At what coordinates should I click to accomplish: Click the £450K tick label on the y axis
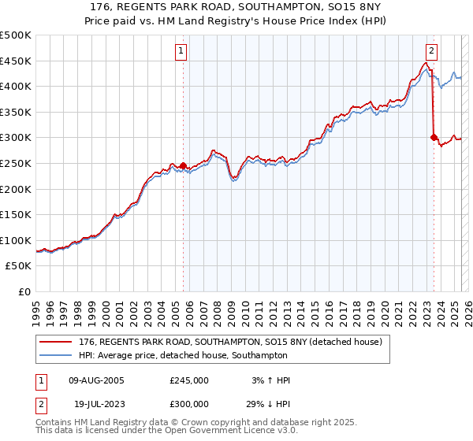click(x=16, y=61)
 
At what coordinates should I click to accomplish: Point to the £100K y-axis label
click(x=16, y=240)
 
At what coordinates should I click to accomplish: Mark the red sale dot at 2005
click(x=183, y=165)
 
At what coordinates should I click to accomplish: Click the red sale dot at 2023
click(x=434, y=137)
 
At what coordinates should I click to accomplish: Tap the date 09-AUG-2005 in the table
click(x=96, y=380)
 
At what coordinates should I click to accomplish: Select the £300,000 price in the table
click(x=189, y=402)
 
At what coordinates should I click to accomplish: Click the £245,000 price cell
click(x=189, y=380)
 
